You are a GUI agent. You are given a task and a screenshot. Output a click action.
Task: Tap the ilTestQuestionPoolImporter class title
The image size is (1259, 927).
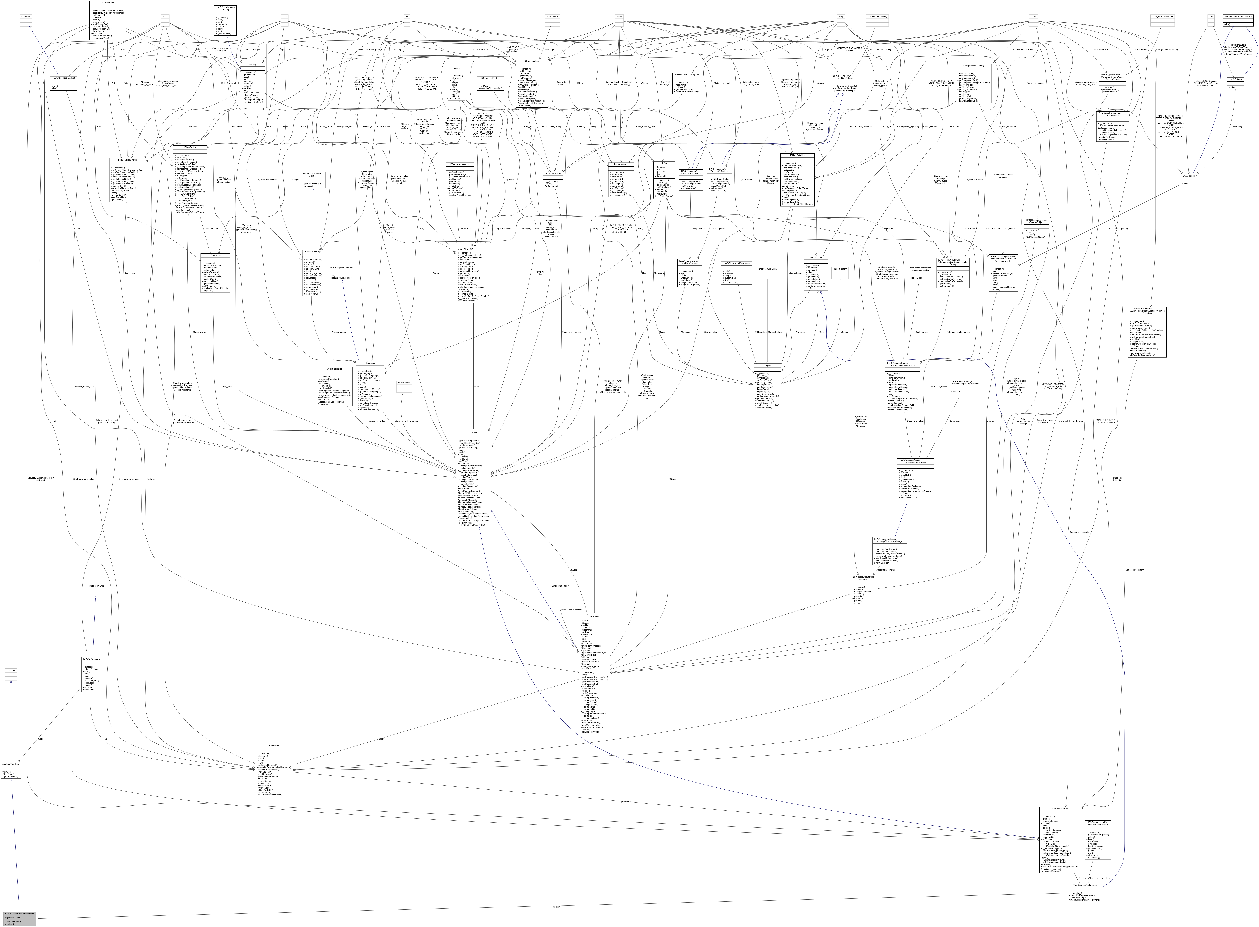[x=1085, y=885]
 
